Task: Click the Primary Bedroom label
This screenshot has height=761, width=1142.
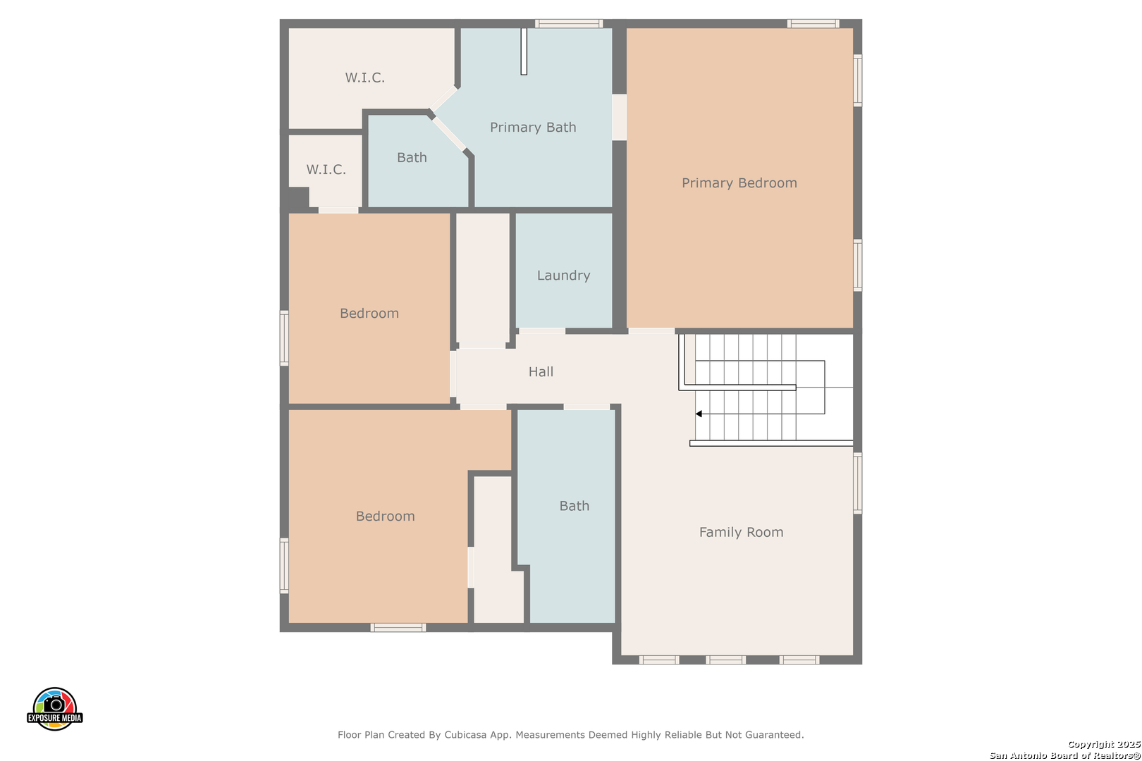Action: click(x=739, y=183)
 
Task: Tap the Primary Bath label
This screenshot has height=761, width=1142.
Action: click(x=533, y=127)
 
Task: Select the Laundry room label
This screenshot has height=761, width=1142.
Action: click(x=563, y=276)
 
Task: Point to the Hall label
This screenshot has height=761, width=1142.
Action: click(x=541, y=371)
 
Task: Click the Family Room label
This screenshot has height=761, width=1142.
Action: click(x=742, y=532)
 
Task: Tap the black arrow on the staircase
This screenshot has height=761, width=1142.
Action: click(x=699, y=414)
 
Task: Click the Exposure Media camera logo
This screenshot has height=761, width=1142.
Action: click(x=54, y=708)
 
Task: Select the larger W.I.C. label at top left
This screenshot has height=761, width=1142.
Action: click(x=364, y=78)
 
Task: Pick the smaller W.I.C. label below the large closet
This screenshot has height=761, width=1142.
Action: click(x=326, y=169)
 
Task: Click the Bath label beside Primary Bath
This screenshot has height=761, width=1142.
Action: click(x=412, y=158)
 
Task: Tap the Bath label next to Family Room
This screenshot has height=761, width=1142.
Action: click(x=574, y=506)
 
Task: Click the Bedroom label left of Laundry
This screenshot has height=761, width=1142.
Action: click(x=369, y=313)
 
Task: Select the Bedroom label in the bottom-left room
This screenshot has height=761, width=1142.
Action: click(x=386, y=516)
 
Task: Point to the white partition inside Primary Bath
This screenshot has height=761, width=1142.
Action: click(x=524, y=51)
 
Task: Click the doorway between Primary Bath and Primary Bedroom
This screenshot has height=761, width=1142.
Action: click(x=620, y=117)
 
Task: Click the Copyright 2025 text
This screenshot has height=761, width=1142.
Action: click(x=1104, y=744)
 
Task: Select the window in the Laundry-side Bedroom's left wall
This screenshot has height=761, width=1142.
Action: click(x=284, y=338)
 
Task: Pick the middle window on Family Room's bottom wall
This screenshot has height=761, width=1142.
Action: click(x=725, y=660)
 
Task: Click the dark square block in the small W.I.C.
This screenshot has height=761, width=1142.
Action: click(x=299, y=197)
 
